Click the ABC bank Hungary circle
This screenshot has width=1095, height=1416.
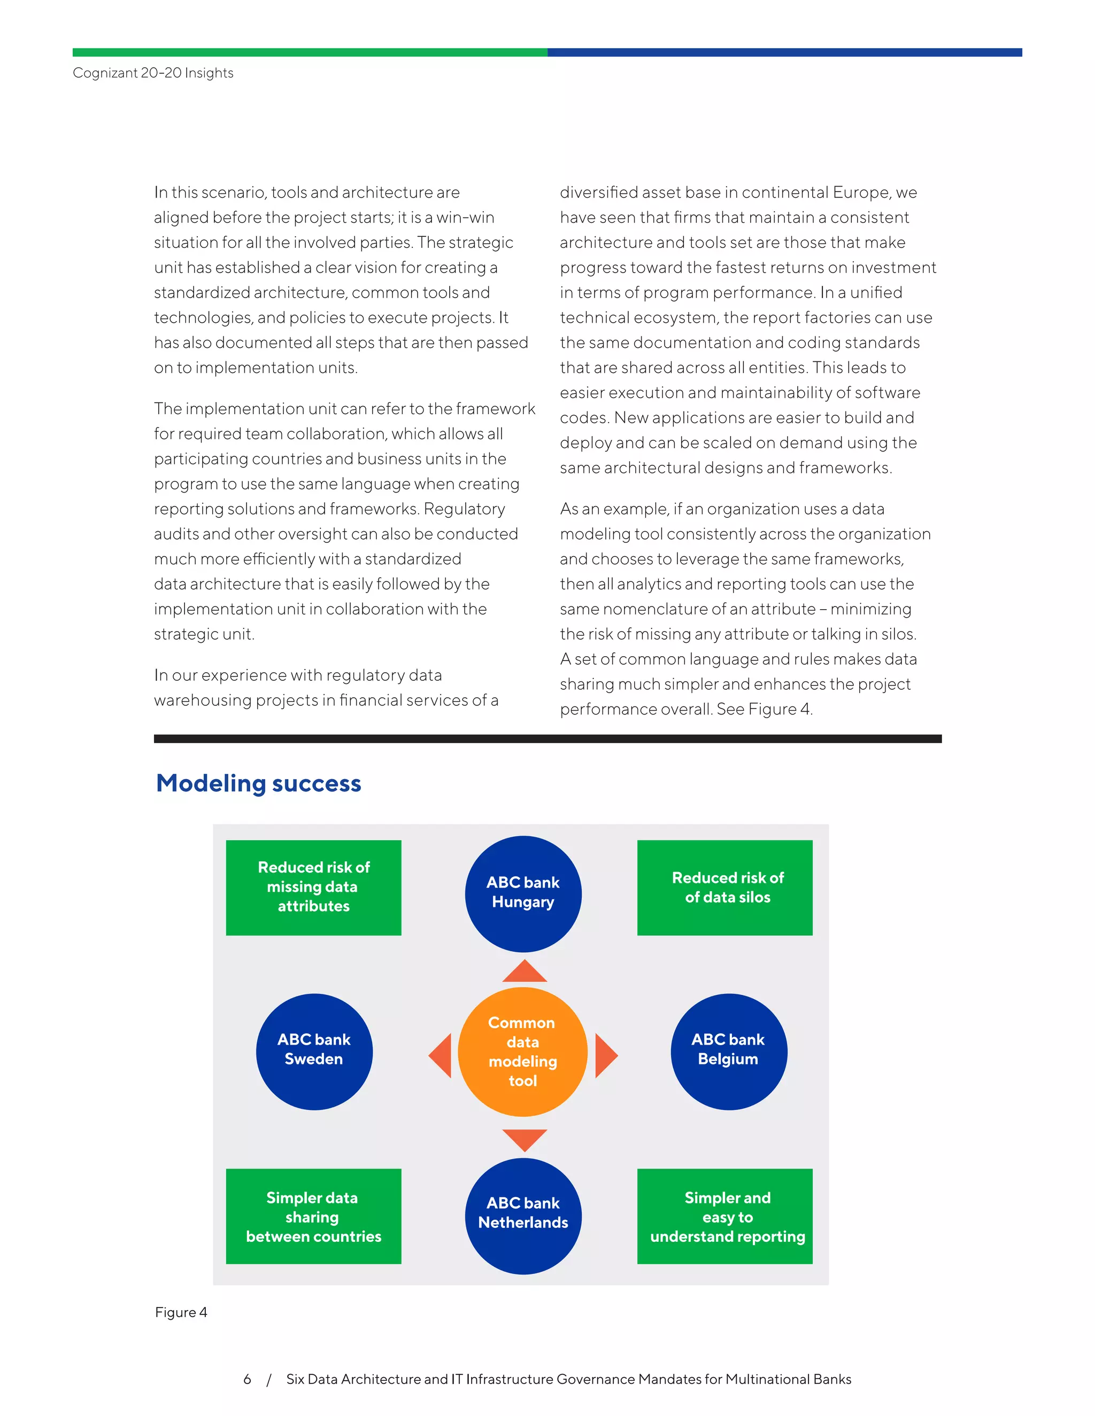tap(523, 893)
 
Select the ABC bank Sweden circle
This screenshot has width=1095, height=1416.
tap(314, 1051)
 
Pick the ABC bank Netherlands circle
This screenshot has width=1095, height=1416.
tap(523, 1215)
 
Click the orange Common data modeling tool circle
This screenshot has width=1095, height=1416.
tap(522, 1051)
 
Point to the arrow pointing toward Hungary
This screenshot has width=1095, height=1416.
tap(524, 972)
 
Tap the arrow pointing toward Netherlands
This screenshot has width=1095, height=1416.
tap(524, 1139)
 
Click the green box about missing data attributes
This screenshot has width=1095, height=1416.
tap(313, 887)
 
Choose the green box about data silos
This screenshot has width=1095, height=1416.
tap(724, 887)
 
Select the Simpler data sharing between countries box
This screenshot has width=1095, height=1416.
tap(313, 1216)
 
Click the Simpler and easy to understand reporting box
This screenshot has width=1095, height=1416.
tap(724, 1216)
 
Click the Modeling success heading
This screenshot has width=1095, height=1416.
tap(258, 783)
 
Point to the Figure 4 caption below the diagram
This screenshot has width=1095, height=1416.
tap(181, 1312)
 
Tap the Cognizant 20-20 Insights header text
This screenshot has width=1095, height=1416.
tap(153, 73)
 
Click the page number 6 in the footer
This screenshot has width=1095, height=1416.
tap(247, 1379)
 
